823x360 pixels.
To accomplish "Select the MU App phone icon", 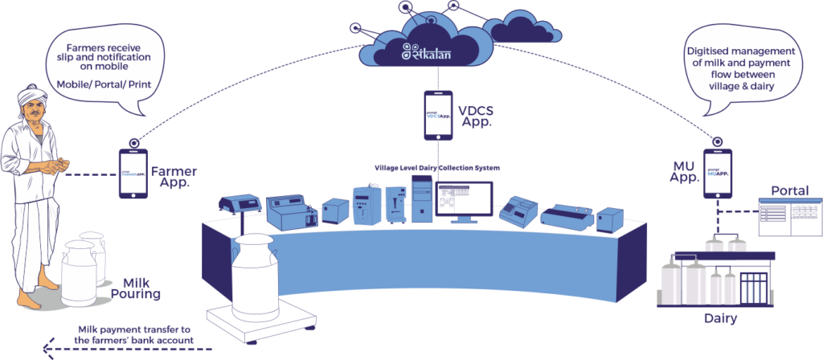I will click(718, 174).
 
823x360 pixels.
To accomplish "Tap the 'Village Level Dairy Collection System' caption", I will click(438, 168).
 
